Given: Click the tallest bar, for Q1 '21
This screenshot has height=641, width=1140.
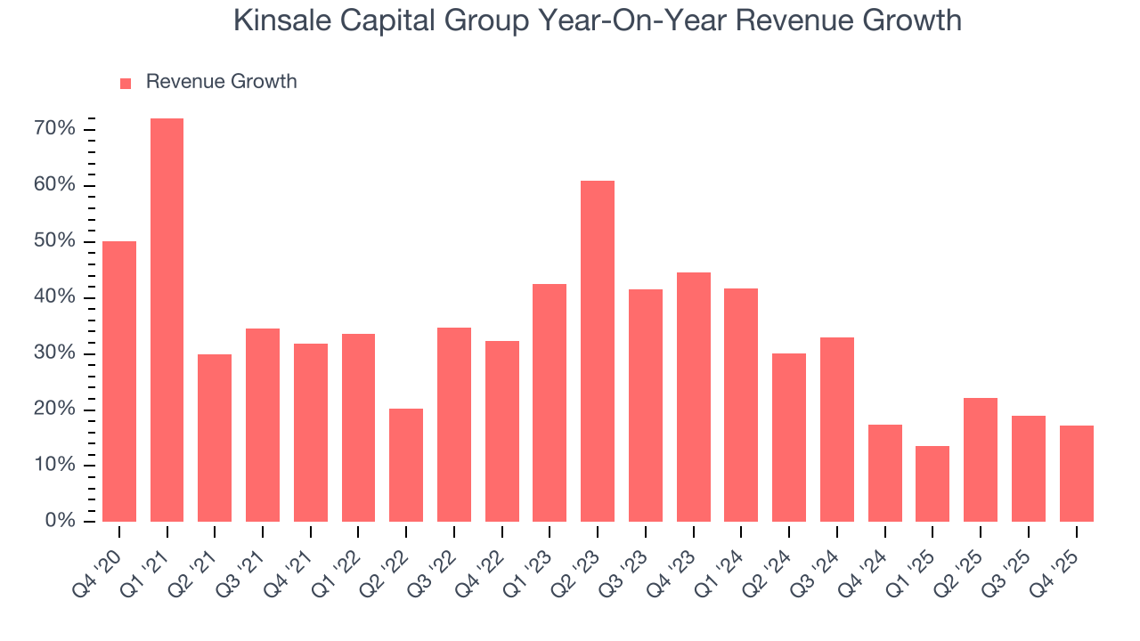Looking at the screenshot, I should pyautogui.click(x=167, y=320).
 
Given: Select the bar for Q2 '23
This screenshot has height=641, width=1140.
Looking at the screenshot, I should pyautogui.click(x=597, y=352).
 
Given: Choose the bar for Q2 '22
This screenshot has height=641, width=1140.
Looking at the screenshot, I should pyautogui.click(x=406, y=465).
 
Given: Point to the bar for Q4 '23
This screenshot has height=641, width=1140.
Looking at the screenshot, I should pyautogui.click(x=693, y=397).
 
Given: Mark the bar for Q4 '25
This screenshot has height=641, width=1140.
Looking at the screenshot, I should pyautogui.click(x=1076, y=474).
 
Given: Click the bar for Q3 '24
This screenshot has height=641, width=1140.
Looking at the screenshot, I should pyautogui.click(x=836, y=429).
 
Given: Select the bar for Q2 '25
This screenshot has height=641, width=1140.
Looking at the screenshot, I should pyautogui.click(x=980, y=459).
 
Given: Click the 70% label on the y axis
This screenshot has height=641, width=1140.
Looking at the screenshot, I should pyautogui.click(x=54, y=129).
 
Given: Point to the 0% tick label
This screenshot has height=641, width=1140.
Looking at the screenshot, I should pyautogui.click(x=60, y=521).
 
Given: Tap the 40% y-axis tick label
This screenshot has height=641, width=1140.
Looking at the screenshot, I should pyautogui.click(x=54, y=297).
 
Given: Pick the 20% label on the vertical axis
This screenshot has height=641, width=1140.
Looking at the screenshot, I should pyautogui.click(x=54, y=409).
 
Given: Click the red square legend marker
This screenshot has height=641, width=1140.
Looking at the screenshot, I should pyautogui.click(x=126, y=83).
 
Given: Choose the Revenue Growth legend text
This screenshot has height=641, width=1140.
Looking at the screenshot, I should pyautogui.click(x=221, y=82).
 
